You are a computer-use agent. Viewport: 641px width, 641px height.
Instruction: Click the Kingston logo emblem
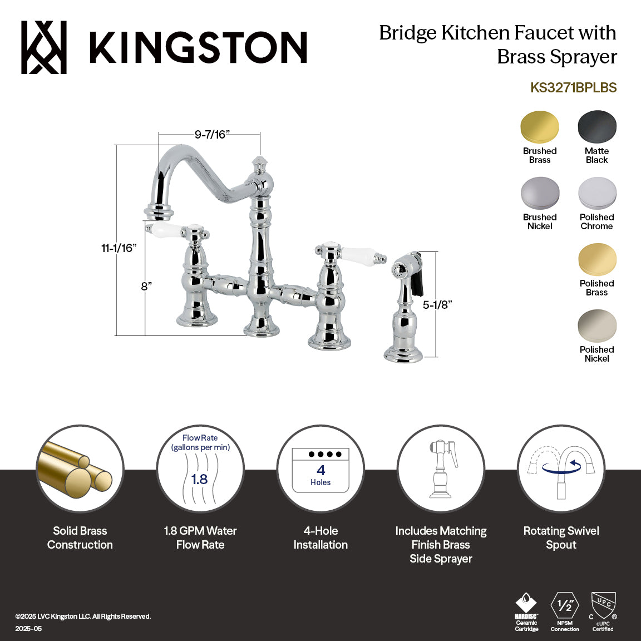[44, 47]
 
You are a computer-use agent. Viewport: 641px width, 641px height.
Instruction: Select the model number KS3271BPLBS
[573, 87]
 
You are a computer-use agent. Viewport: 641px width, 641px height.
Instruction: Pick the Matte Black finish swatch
[597, 127]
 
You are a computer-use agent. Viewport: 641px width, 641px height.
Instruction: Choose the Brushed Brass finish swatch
[539, 127]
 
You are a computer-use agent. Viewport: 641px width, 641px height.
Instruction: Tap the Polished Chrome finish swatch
[597, 193]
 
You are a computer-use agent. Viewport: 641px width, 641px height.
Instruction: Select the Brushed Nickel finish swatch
[539, 193]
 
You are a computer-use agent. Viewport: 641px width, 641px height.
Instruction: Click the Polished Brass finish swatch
[597, 259]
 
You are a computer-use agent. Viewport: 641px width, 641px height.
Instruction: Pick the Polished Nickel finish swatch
[597, 326]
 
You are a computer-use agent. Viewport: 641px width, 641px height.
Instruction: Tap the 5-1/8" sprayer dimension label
[437, 304]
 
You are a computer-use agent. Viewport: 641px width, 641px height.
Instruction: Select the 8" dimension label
[146, 286]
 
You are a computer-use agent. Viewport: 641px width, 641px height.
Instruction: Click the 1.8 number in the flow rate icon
[199, 479]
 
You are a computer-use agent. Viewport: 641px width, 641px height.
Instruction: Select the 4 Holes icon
[320, 470]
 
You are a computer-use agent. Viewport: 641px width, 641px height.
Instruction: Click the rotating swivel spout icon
[561, 469]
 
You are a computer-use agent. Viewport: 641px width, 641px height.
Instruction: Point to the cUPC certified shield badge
[603, 607]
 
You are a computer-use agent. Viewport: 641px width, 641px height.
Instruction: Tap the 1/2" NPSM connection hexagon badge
[565, 605]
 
